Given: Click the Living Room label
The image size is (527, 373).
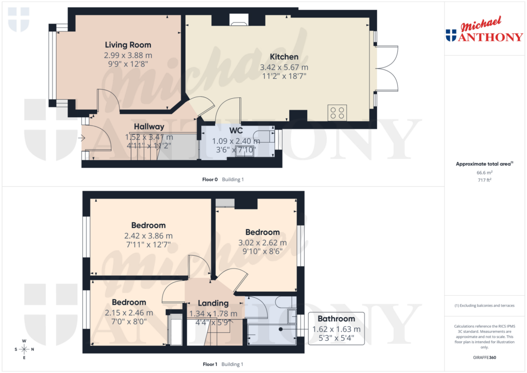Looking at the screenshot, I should click(x=128, y=45).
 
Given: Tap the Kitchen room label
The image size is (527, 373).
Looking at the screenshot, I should click(x=284, y=57).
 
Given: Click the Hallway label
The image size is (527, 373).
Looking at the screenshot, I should click(x=149, y=127).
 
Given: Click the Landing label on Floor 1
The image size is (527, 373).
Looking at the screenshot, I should click(x=214, y=303).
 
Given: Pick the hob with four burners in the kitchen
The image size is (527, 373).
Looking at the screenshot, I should click(x=338, y=113).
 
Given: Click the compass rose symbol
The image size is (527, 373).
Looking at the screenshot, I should click(x=24, y=349).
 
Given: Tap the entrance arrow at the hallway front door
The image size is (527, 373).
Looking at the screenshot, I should click(x=81, y=138).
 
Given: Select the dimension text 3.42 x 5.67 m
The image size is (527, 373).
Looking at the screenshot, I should click(x=285, y=67).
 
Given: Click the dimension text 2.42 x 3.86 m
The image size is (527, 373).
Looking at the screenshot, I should click(x=148, y=236).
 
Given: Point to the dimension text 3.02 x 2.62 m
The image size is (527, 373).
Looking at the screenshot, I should click(x=262, y=242).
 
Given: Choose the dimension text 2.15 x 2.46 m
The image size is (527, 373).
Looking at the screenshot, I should click(x=129, y=312).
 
